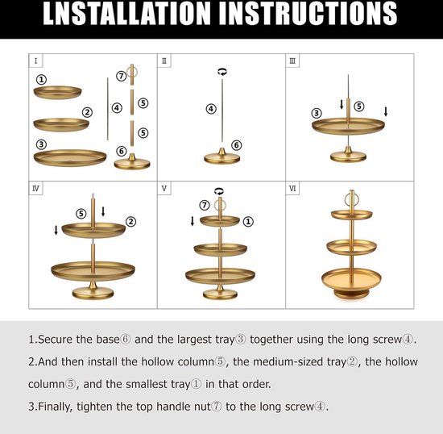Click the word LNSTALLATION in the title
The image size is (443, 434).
pos(126,14)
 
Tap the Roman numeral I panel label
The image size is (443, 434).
pos(35,61)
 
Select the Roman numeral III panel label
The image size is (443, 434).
pos(292,61)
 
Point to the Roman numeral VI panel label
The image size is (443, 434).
pos(292,189)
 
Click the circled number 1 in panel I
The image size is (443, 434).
pos(41,80)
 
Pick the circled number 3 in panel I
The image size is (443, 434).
pos(41,144)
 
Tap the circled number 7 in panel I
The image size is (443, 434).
pos(121,76)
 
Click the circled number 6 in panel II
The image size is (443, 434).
pos(236,145)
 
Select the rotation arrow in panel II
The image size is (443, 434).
pos(222,72)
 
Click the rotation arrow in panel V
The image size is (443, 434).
pos(219,191)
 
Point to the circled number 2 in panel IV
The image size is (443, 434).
pos(130,222)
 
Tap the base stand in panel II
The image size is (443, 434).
pos(222,156)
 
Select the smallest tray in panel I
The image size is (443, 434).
pos(58,93)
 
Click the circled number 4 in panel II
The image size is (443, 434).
pos(211,109)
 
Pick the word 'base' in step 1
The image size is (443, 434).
pos(108,340)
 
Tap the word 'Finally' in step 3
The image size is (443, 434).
pos(55,407)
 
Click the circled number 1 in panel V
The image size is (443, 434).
pos(248,222)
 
